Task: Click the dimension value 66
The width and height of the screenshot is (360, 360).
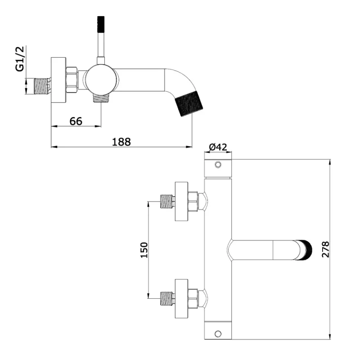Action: point(76,121)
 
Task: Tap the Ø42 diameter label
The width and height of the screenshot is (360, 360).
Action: point(218,147)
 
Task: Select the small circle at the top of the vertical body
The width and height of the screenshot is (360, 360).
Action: point(219,165)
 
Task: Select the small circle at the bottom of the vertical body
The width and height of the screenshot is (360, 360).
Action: point(219,333)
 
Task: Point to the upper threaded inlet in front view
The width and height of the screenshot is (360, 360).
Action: point(167,202)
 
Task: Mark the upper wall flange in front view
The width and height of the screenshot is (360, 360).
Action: point(181,202)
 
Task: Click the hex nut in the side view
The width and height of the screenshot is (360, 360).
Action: point(72,80)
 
